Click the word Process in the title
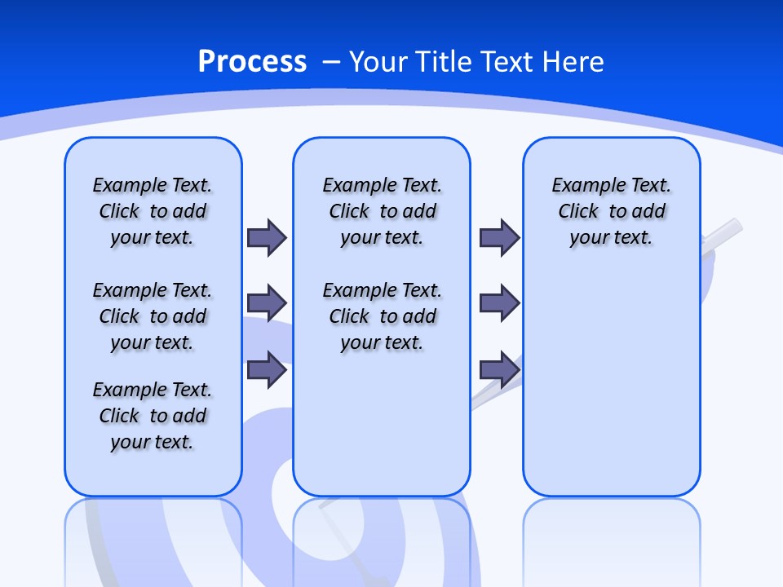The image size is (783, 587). click(252, 62)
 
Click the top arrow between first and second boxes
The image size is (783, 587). click(267, 237)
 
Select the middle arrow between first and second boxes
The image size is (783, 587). click(267, 303)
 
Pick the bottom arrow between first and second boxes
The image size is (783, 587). click(267, 369)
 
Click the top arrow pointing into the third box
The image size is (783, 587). click(500, 237)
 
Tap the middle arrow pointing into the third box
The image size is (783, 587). click(500, 303)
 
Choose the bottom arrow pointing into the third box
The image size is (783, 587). click(500, 369)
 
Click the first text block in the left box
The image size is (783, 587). click(153, 211)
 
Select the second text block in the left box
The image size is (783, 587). click(153, 316)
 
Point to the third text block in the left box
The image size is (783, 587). click(153, 416)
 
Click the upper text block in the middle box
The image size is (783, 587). click(382, 211)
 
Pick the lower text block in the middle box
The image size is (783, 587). click(382, 316)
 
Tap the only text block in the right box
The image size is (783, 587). click(611, 211)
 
